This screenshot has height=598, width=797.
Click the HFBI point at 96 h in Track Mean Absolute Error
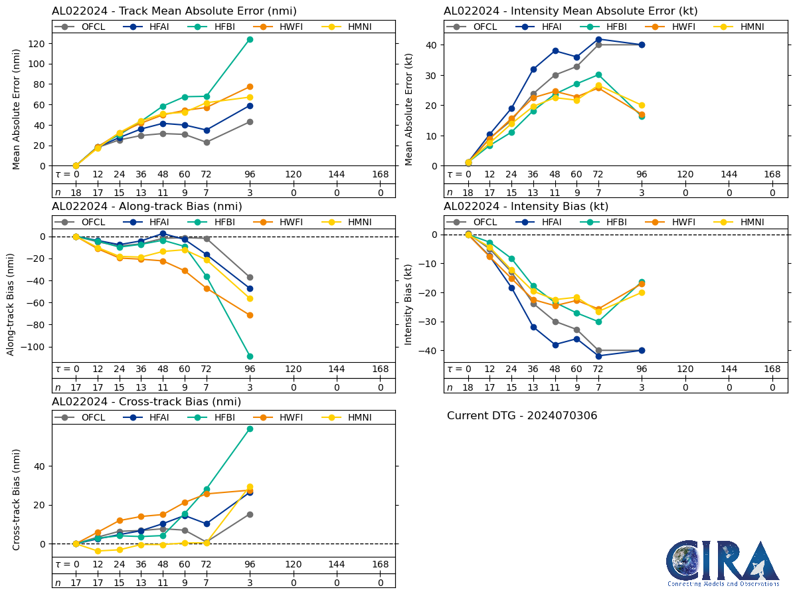[250, 39]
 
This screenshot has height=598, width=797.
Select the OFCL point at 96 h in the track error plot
[250, 122]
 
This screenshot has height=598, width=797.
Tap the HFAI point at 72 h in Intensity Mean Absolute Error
[598, 39]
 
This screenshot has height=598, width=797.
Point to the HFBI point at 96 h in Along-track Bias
[250, 356]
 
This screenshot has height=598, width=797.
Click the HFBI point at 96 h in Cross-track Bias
[250, 429]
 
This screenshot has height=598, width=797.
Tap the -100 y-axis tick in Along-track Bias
[33, 347]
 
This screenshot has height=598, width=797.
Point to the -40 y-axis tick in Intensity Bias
[428, 351]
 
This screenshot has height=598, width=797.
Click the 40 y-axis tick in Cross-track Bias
[39, 466]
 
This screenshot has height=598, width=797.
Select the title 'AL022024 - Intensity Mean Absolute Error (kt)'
[571, 11]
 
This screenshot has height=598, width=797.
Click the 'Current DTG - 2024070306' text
[522, 416]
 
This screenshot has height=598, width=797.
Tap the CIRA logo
[723, 563]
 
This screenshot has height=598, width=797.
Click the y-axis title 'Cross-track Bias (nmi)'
[16, 499]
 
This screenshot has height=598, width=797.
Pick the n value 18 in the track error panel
[76, 192]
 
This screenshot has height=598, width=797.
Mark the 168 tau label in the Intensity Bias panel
[772, 369]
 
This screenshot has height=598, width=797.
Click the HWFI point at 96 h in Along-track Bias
[250, 315]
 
